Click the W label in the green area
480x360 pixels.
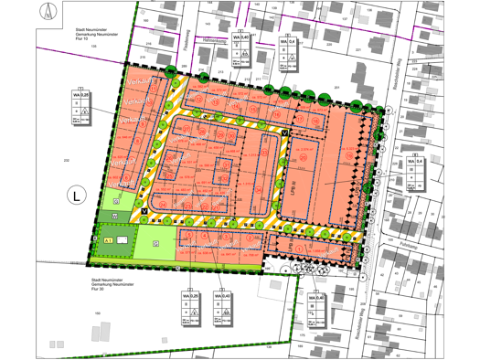[114, 217]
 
